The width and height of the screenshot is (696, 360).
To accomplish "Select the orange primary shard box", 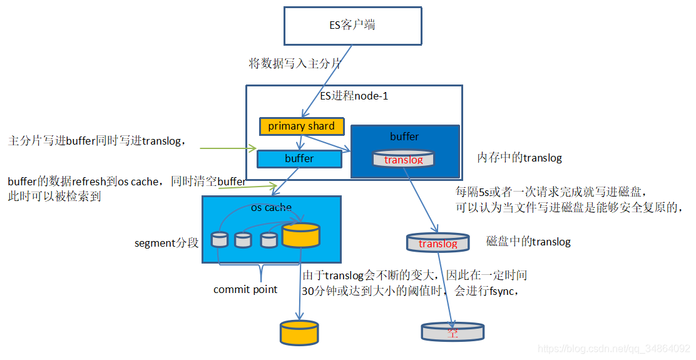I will click(x=301, y=126).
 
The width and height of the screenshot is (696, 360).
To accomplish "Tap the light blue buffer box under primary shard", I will click(x=299, y=159).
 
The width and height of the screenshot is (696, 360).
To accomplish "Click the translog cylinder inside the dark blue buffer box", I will click(x=403, y=159).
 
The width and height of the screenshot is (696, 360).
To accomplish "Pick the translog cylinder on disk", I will click(x=438, y=243).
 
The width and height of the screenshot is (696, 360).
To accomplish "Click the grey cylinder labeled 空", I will click(x=452, y=332).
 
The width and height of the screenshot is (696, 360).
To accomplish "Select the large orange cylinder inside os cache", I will click(x=300, y=235).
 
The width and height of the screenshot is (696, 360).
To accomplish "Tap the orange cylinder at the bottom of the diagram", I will click(x=299, y=332).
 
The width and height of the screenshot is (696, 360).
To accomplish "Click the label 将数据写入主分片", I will click(x=295, y=64).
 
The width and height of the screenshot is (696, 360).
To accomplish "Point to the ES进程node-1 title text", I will click(x=354, y=96).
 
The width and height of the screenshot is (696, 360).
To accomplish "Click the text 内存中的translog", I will click(x=519, y=158).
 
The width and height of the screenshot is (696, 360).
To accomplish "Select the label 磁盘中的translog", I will click(x=528, y=242).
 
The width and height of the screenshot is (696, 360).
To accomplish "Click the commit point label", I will click(x=245, y=289).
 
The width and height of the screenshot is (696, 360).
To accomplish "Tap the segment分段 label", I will click(x=166, y=243).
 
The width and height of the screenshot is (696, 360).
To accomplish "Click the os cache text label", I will click(x=271, y=207).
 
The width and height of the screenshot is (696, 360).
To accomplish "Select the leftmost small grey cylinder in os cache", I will click(x=220, y=239).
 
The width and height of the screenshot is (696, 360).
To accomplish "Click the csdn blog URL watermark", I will click(x=613, y=348).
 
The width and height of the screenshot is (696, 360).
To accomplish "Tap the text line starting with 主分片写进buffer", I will click(x=97, y=141).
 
